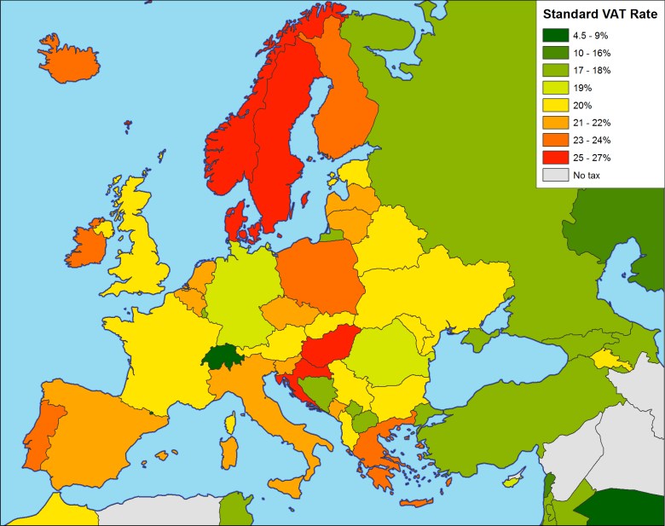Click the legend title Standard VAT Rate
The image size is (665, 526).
coord(598,14)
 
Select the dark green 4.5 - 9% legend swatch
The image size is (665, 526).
coord(554,35)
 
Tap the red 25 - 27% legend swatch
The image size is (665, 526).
coord(554,158)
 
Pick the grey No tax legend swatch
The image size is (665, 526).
coord(554,175)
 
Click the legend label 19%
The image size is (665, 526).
coord(584,88)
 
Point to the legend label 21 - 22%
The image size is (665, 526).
coord(592,123)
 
